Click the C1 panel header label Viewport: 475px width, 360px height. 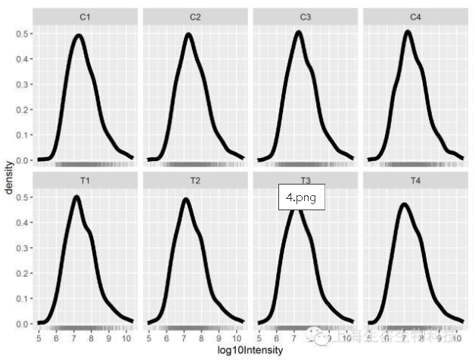[x=85, y=16]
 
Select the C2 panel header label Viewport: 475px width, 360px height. [x=195, y=16]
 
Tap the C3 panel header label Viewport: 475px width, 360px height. [x=305, y=16]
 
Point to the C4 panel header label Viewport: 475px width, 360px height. [x=415, y=16]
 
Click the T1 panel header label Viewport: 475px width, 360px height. [x=85, y=180]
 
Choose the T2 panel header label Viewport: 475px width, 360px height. [x=195, y=180]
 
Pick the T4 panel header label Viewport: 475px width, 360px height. [x=415, y=180]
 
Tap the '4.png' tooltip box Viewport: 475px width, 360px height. [x=301, y=197]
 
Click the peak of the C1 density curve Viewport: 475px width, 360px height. [x=77, y=36]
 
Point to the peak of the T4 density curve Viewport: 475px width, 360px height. [x=404, y=204]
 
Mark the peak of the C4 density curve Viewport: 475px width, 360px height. [x=408, y=32]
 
